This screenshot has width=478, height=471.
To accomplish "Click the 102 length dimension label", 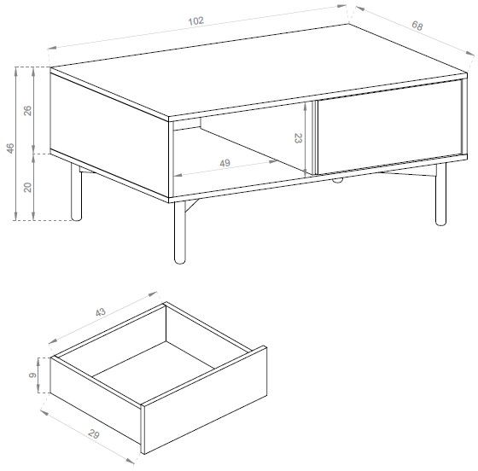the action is pos(195,21).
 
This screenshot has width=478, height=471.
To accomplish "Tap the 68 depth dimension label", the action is pos(417,26).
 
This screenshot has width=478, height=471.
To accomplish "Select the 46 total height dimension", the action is pos(10,148).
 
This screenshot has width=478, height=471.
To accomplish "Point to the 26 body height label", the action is pos(27,110).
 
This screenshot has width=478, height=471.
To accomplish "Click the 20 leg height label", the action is pos(27,187).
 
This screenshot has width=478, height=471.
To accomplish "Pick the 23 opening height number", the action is pos(298,138).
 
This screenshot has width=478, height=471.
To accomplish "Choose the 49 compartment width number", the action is pos(225,163).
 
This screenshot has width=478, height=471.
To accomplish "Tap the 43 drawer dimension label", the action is pos(101,312).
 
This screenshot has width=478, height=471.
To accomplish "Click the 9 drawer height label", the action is pos(32,375).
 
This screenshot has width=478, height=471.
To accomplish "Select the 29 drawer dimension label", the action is pos(94,433).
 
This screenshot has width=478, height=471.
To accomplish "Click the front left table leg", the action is pos(179,232).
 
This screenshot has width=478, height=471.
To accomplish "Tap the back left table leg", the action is pos(76,192).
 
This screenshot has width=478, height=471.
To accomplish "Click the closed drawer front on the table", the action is pos(390,127).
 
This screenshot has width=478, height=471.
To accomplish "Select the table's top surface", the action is pos(259,71).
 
